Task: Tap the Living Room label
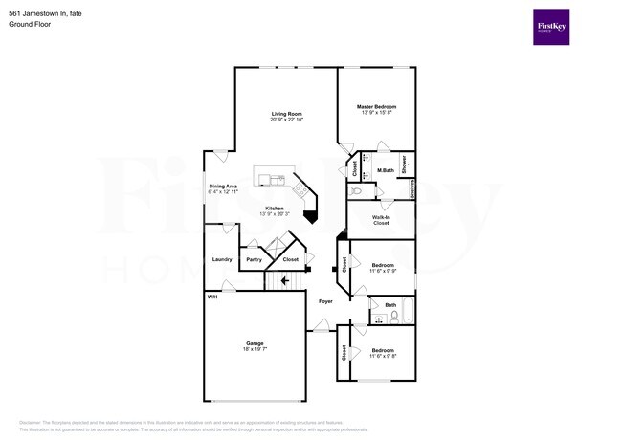(286, 114)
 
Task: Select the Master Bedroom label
(376, 106)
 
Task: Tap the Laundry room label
(222, 259)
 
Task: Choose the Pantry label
(254, 259)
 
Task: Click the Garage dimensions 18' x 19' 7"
(255, 349)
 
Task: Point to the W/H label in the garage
(211, 297)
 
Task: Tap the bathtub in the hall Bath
(407, 312)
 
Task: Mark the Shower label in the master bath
(405, 164)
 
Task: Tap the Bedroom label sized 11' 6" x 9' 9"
(382, 268)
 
